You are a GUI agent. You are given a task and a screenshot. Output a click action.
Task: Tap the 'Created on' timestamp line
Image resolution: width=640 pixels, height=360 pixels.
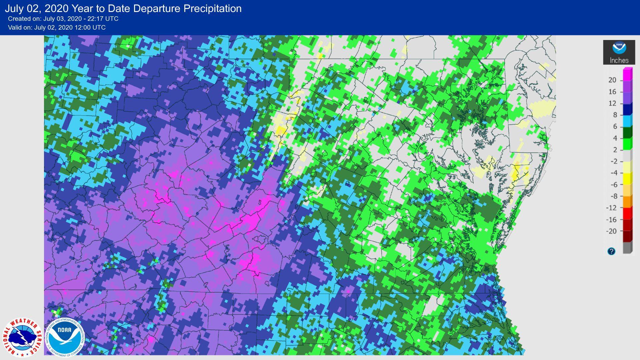pos(63,19)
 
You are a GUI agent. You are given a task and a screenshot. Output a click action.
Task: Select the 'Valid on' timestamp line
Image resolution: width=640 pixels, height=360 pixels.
pos(57,27)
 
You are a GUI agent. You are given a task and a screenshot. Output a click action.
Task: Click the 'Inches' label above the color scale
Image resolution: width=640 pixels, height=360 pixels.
pos(619,60)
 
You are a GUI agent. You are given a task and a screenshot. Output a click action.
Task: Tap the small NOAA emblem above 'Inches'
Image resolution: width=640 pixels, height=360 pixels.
pos(619,48)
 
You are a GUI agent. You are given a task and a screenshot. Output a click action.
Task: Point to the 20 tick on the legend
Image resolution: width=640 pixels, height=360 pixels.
pos(612,80)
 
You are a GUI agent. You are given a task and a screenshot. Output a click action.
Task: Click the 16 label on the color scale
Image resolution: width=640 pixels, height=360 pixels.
pos(612,92)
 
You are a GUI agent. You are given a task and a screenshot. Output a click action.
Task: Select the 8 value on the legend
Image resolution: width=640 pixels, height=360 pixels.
pos(615,115)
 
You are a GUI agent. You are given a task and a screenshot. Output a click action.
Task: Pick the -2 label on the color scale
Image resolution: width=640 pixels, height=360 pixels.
pos(613,161)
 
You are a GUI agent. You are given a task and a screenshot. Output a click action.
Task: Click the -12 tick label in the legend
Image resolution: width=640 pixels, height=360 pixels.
pos(611,208)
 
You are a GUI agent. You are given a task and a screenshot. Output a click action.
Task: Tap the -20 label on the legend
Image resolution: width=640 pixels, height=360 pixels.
pos(611,231)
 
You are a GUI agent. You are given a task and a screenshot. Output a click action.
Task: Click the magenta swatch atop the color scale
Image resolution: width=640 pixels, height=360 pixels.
pos(627,74)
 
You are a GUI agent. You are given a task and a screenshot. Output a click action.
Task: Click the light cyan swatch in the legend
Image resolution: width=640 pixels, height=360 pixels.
pos(627,121)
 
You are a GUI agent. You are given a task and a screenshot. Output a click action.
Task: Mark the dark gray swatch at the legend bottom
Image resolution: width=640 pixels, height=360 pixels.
pos(627,248)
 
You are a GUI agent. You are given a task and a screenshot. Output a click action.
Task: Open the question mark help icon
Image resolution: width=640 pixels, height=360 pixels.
pos(611,251)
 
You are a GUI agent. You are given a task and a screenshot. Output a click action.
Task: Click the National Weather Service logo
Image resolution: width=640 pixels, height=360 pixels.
pos(22,338)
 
